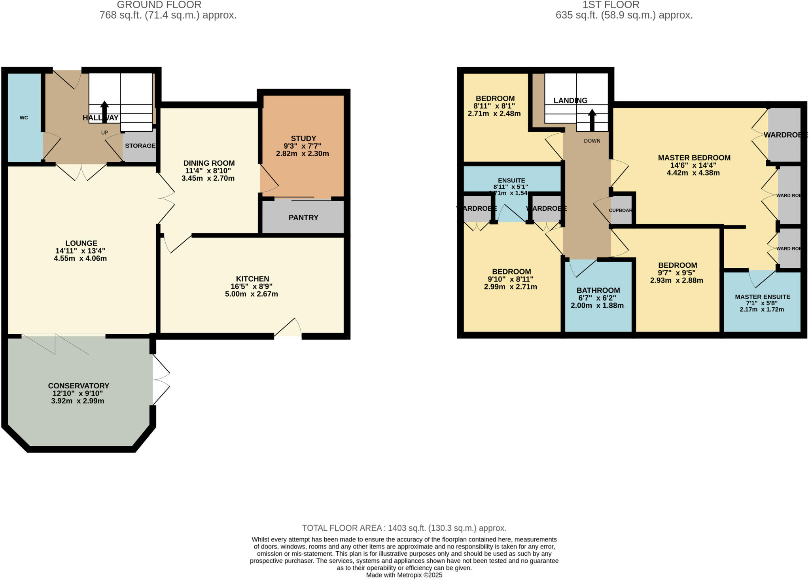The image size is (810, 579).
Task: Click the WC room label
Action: pos(24,118)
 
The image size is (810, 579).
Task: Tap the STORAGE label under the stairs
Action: pos(140,146)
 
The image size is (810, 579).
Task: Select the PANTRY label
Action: pos(303,218)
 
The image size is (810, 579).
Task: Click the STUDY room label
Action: pos(303,138)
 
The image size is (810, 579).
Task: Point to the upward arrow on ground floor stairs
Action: pos(104,112)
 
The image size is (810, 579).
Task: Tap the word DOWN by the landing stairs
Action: pos(592,141)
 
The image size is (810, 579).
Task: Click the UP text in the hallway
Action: pos(104,132)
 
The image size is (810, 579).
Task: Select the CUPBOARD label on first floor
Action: pos(621,210)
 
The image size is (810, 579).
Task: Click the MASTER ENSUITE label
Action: pos(762,297)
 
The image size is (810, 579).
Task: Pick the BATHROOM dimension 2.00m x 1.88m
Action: pos(597,306)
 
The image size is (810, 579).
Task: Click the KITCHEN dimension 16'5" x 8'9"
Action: pos(252,286)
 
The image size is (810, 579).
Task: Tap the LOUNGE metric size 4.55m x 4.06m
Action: pos(80,259)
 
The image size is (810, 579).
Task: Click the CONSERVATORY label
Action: pos(78,386)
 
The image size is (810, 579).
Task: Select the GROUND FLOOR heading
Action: pos(159,5)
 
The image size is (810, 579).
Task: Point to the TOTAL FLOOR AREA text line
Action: pos(404,528)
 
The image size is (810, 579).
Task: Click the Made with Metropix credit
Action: pos(404,575)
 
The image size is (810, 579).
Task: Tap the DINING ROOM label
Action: pos(209,163)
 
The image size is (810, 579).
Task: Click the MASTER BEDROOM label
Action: pos(694,157)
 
